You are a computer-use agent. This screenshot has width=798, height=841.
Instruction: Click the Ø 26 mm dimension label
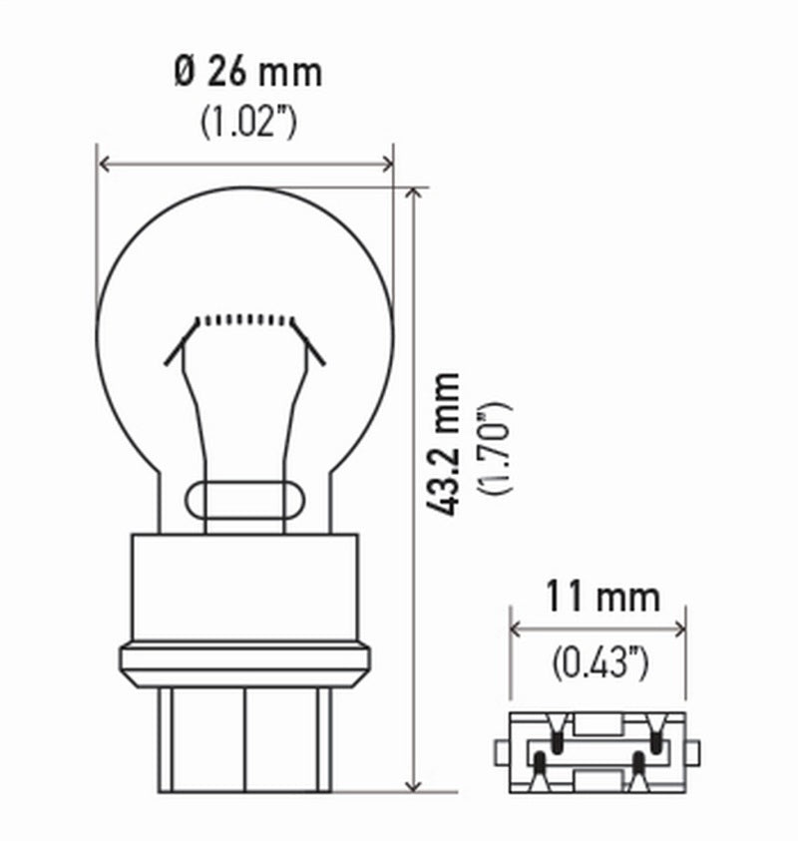[248, 72]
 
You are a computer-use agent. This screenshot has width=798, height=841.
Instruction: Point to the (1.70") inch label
[495, 448]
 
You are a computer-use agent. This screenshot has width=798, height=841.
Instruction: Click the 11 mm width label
[601, 597]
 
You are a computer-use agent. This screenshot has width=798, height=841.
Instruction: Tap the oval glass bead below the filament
[245, 496]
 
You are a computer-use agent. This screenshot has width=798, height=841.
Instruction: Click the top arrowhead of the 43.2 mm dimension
[414, 192]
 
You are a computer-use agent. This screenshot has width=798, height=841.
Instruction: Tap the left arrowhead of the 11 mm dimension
[516, 629]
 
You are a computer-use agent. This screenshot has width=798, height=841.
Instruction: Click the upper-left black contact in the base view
[556, 740]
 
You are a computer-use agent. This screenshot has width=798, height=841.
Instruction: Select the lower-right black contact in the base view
[638, 765]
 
